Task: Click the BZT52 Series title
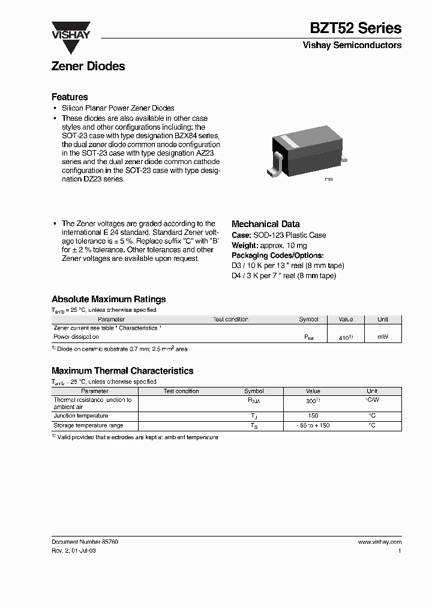pos(356,28)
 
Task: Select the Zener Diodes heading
pos(88,67)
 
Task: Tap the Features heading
pos(70,97)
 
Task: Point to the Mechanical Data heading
pos(265,224)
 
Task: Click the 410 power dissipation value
pos(345,338)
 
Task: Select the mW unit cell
pos(382,337)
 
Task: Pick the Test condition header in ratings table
pos(230,320)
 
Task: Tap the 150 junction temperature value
pos(313,416)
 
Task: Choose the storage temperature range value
pos(313,425)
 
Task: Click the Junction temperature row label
pos(81,416)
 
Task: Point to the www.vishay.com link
pos(379,542)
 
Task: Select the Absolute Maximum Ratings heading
pos(109,299)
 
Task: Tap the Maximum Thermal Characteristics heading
pos(122,371)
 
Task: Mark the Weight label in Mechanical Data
pos(245,245)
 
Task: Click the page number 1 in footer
pos(399,551)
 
